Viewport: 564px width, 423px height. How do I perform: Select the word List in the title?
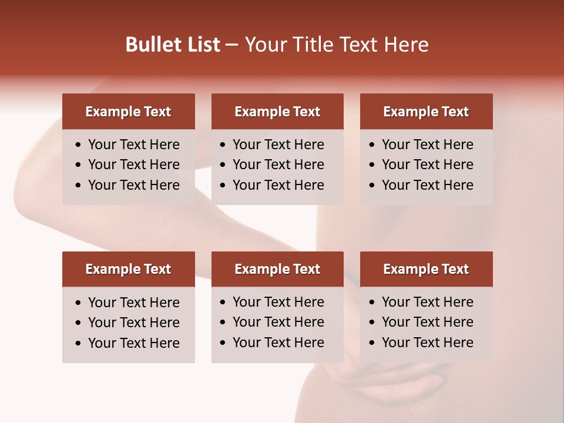(202, 45)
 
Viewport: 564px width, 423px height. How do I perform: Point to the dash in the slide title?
(231, 45)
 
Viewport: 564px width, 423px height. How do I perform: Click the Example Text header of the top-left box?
(128, 112)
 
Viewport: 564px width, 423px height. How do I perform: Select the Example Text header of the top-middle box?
(277, 112)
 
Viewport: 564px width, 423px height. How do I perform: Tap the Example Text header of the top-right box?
(426, 112)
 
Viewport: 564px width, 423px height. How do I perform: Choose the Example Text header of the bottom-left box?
(128, 269)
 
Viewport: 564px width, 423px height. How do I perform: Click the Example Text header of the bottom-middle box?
(277, 269)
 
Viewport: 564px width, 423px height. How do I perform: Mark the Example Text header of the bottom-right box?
(426, 269)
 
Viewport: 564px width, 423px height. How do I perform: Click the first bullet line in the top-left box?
(133, 145)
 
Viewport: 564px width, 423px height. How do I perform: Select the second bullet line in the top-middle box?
(278, 164)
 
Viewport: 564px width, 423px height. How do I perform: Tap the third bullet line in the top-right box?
(427, 185)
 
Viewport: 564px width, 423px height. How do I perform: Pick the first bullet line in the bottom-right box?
(427, 302)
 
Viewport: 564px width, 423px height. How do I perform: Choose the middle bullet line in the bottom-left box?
(133, 323)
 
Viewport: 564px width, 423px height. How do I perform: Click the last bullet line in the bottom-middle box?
(278, 343)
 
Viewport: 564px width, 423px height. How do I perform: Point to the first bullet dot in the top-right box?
(372, 145)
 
